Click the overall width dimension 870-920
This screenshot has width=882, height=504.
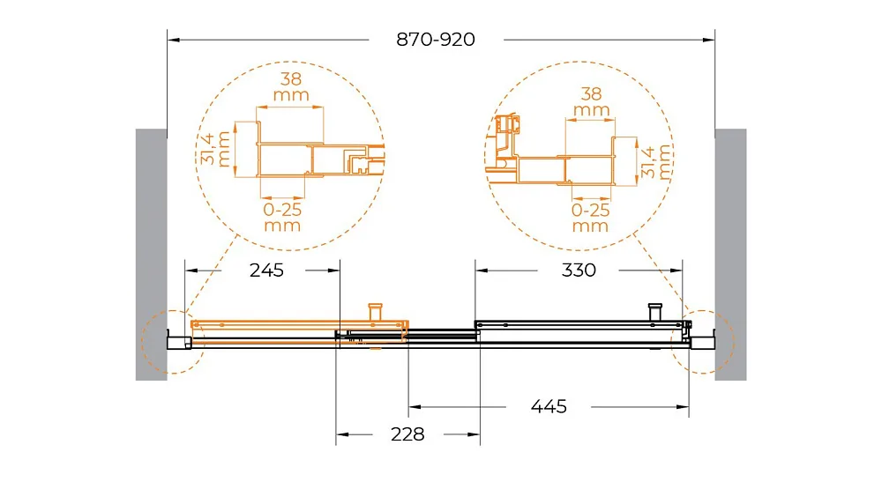[x=436, y=40]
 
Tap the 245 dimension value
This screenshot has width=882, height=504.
[x=266, y=271]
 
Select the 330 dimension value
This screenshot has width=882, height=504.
[x=579, y=271]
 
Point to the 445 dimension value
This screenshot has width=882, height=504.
[x=549, y=406]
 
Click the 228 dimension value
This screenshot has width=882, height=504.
[x=407, y=434]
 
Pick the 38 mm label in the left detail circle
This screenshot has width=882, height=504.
[x=291, y=86]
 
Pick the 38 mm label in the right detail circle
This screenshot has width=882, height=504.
[x=591, y=101]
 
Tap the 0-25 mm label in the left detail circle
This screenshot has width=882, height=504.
[x=282, y=218]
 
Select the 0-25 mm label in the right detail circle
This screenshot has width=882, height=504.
[x=591, y=218]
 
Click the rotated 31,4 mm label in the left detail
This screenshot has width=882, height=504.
[x=215, y=149]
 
